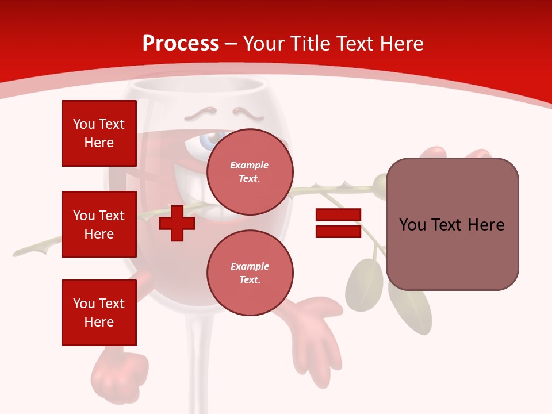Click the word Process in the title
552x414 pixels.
[x=181, y=43]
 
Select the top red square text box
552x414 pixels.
[x=99, y=133]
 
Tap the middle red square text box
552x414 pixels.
[x=99, y=224]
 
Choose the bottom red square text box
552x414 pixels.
[x=99, y=313]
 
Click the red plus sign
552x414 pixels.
[x=177, y=224]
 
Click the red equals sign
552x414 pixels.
[x=338, y=223]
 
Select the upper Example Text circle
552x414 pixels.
[x=250, y=171]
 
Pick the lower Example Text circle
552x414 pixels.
[x=250, y=273]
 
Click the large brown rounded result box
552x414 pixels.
[x=452, y=224]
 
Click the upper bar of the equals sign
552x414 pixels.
[x=338, y=215]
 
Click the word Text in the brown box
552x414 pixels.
[x=451, y=224]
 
